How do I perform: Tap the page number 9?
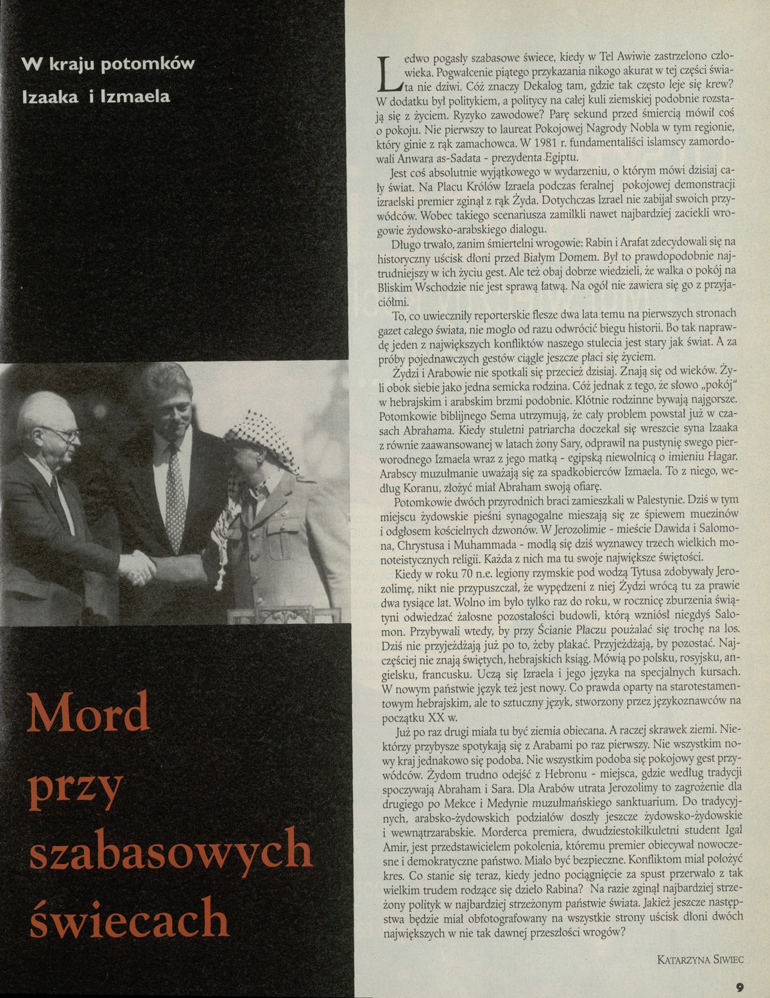[x=739, y=988]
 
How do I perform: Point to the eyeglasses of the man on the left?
[x=63, y=433]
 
